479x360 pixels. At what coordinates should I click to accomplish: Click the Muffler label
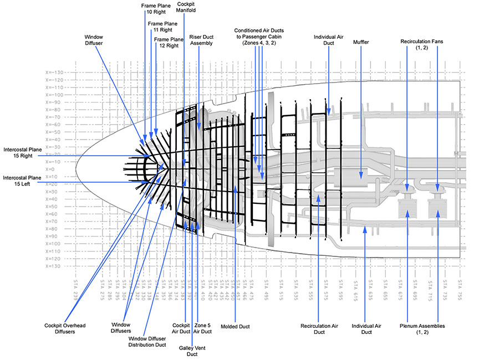361,42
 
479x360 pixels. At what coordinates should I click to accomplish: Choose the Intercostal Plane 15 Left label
22,181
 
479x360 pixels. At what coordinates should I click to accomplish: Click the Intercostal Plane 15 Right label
22,153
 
